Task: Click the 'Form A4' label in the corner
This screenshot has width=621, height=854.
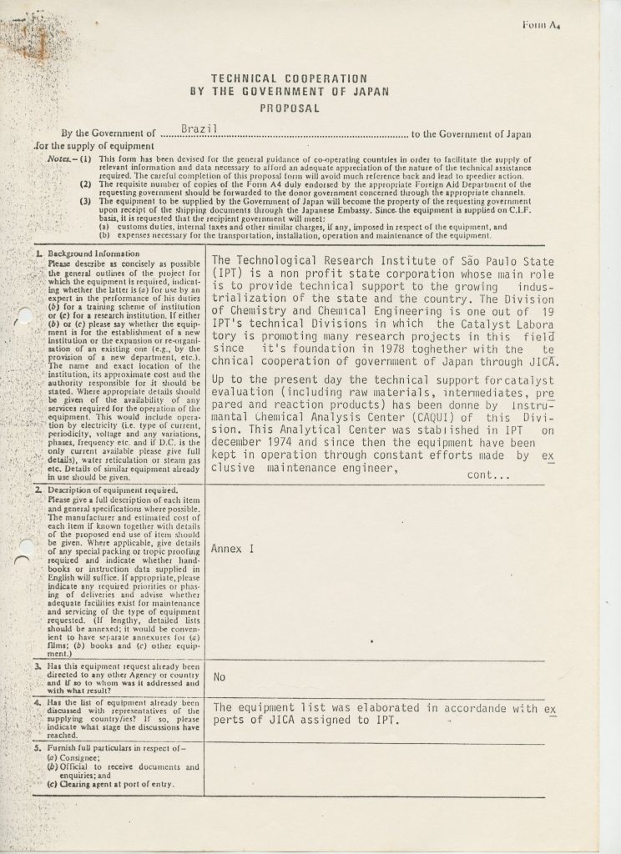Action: pyautogui.click(x=540, y=26)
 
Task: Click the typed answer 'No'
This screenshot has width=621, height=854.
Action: pyautogui.click(x=220, y=676)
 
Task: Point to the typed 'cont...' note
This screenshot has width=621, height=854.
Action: pyautogui.click(x=489, y=475)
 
